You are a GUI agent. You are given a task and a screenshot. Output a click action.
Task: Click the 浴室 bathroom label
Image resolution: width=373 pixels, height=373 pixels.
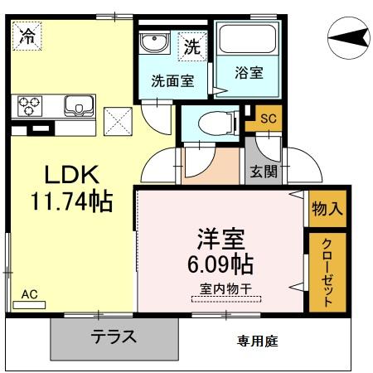[248, 72]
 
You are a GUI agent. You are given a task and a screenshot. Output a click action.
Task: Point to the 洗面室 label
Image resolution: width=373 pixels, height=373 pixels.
[172, 81]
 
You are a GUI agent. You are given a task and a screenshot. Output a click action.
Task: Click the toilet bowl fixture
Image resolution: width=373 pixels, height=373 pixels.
[216, 121]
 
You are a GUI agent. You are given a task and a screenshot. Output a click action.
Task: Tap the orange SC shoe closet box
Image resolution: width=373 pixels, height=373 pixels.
[267, 119]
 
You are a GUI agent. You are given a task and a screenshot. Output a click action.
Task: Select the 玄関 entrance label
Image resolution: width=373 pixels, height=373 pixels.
[265, 172]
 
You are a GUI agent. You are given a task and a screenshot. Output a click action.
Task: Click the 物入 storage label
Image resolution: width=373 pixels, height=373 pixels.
[327, 210]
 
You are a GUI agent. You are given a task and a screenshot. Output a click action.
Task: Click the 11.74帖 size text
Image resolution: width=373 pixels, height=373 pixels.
[70, 201]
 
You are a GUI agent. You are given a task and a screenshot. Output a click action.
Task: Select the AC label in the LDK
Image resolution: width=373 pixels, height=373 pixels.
[30, 294]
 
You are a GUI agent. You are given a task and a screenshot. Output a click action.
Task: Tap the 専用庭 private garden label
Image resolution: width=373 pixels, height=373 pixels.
[256, 340]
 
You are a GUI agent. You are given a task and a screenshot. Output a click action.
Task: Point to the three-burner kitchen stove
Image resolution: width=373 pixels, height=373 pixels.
[30, 105]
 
